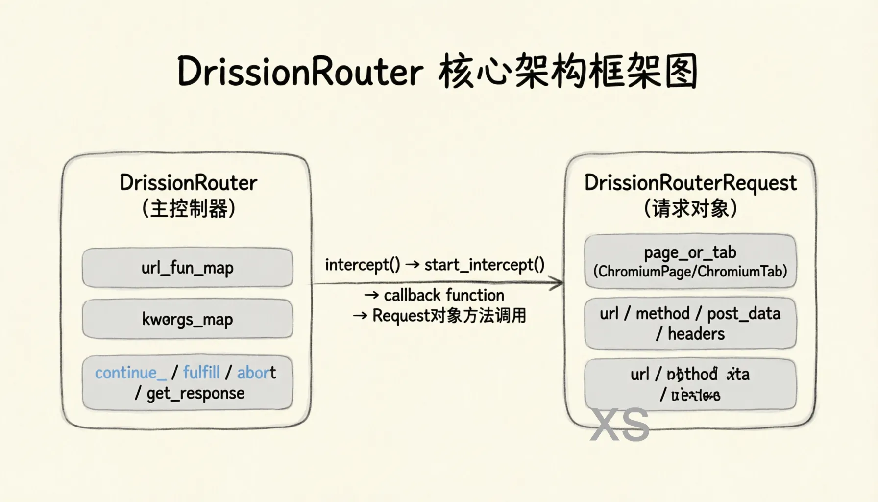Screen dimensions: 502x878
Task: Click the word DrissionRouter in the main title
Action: tap(300, 72)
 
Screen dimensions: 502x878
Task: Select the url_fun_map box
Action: tap(187, 268)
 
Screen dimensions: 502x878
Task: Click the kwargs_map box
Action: tap(187, 319)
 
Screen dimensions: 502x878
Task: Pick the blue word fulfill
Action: tap(201, 373)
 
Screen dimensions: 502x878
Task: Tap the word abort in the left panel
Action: tap(256, 373)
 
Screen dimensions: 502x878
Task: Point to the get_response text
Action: tap(195, 393)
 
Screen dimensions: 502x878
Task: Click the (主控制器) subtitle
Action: tap(188, 208)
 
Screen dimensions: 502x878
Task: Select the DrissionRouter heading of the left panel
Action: tap(188, 183)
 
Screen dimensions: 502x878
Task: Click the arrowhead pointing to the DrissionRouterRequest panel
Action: tap(557, 283)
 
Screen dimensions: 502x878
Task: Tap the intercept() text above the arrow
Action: tap(363, 265)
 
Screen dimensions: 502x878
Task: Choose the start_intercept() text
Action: tap(484, 265)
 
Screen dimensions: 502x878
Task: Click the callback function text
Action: tap(443, 295)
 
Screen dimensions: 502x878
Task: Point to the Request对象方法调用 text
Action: tap(449, 316)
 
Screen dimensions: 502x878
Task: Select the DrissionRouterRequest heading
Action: tap(690, 183)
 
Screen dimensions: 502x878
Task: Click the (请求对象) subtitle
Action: tap(690, 208)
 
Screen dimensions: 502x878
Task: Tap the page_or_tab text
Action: tap(690, 252)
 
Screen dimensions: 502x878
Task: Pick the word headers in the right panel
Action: tap(696, 334)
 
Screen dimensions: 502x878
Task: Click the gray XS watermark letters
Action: tap(620, 425)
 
